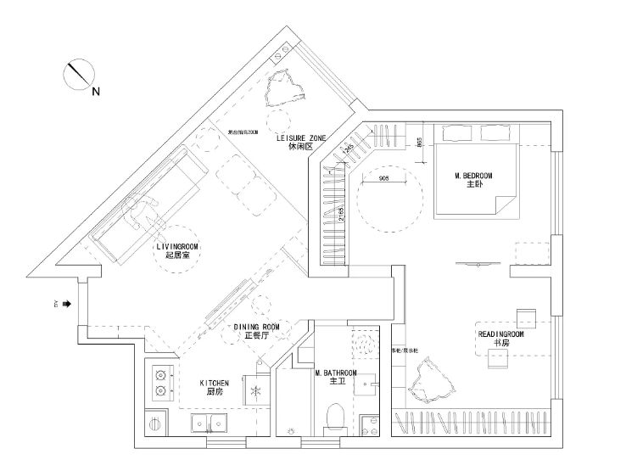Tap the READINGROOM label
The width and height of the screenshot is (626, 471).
tap(500, 334)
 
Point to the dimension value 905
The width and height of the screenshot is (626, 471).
tap(383, 179)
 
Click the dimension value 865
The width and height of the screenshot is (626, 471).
tap(419, 142)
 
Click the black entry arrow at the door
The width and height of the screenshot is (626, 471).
tap(65, 303)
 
